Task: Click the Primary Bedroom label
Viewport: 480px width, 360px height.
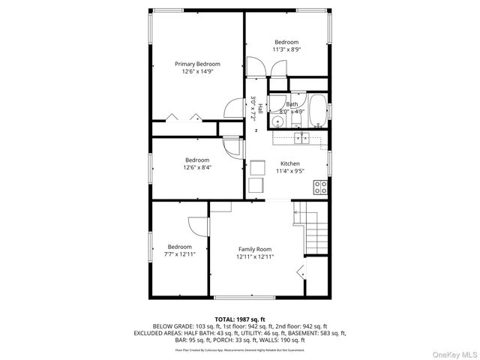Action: tap(197, 64)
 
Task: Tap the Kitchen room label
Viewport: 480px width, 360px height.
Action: tap(289, 163)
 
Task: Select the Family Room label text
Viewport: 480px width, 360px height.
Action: tap(255, 249)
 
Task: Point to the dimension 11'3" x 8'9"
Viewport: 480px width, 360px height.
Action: tap(286, 49)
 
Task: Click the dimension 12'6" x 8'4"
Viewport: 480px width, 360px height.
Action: tap(197, 167)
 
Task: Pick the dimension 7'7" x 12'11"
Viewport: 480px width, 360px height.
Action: tap(180, 254)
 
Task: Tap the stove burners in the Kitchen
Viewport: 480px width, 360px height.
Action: tap(321, 185)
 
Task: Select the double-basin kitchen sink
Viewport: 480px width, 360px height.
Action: tap(301, 137)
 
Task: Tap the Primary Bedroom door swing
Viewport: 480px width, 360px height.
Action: tap(234, 109)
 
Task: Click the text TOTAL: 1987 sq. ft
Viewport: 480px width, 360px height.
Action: tap(239, 319)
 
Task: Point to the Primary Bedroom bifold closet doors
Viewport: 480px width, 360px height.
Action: tap(184, 116)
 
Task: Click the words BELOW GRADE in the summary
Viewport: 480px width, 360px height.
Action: tap(169, 326)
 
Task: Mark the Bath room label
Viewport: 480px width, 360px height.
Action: tap(292, 104)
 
